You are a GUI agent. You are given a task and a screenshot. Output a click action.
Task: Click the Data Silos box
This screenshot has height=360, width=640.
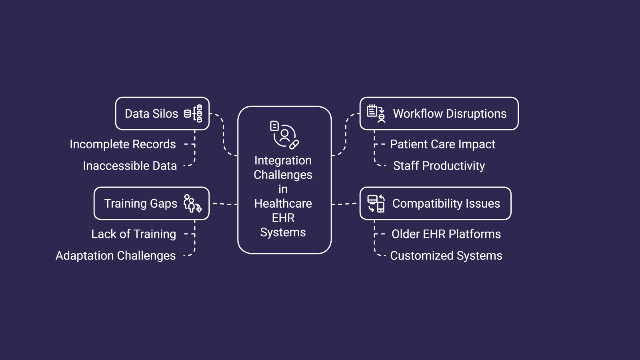click(162, 114)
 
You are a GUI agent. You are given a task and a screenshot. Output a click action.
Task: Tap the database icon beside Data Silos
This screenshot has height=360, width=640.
click(193, 114)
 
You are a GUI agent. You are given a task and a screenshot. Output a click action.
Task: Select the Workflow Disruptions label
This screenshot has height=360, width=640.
click(450, 114)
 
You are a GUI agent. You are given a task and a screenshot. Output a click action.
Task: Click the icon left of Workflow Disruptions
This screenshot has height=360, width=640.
click(376, 114)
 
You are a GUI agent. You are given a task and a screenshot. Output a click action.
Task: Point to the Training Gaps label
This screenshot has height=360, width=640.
click(140, 204)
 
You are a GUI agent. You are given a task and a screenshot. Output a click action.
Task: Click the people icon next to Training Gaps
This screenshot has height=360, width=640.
click(192, 204)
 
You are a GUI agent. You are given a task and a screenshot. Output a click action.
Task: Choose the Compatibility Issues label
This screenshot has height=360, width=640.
click(446, 204)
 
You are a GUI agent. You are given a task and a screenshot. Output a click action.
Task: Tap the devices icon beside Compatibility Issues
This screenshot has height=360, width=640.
click(376, 204)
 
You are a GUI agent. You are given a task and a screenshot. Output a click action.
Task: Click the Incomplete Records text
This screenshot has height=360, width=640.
click(123, 144)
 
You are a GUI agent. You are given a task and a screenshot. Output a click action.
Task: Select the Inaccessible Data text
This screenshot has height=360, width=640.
click(130, 166)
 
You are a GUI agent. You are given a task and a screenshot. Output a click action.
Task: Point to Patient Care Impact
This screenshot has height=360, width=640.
click(442, 144)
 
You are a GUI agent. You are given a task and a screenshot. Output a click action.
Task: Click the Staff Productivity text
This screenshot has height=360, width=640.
click(439, 166)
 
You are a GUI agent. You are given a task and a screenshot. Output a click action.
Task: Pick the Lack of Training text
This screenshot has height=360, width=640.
click(134, 234)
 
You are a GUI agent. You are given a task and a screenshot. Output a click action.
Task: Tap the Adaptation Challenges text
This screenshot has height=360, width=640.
click(116, 256)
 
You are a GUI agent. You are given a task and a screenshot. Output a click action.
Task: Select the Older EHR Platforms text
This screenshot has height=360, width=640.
click(446, 234)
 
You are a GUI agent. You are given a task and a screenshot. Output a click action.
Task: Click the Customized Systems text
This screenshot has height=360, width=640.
click(446, 256)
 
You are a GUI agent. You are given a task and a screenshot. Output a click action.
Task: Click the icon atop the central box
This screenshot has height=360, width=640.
click(284, 135)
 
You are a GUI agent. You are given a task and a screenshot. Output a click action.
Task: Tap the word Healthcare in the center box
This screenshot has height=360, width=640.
click(283, 204)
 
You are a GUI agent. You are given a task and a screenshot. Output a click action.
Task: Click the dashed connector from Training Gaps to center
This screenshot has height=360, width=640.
click(224, 204)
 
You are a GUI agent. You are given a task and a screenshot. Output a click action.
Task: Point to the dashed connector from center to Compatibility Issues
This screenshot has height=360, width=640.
click(345, 204)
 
